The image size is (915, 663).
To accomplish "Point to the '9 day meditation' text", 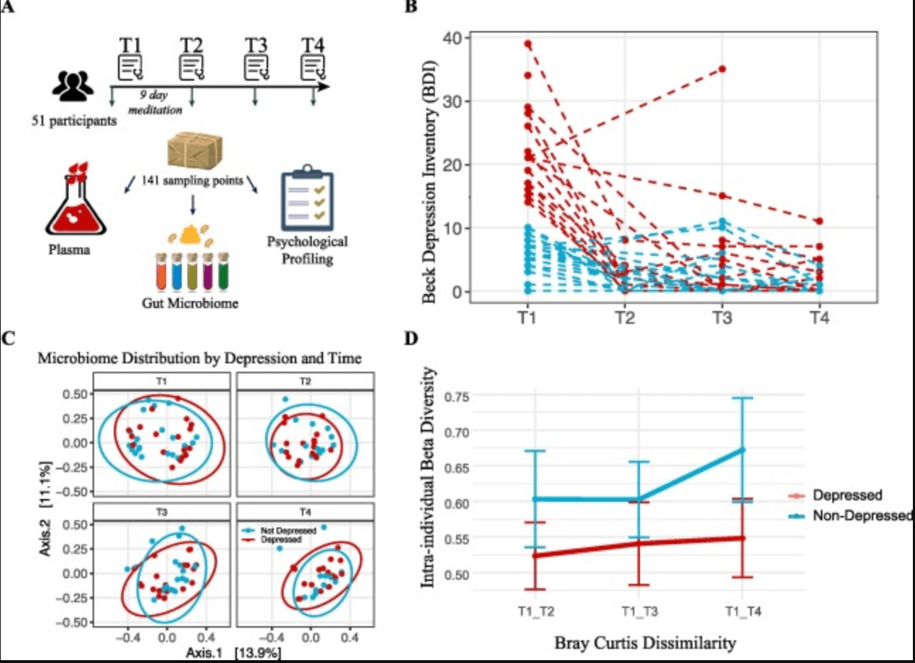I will (154, 102).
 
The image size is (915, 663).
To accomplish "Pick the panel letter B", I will (409, 6).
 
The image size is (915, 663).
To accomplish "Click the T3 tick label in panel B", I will (721, 317).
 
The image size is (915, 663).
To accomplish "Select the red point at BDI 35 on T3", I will (722, 69).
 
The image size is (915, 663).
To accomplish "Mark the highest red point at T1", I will (528, 44).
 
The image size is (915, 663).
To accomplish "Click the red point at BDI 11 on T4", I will (819, 221).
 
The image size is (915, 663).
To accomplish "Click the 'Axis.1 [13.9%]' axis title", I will (233, 653).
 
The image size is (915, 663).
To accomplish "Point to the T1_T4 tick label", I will (743, 611).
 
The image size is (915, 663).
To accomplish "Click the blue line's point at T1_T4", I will (743, 449).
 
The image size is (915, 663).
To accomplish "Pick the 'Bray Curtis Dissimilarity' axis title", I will (644, 643).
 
